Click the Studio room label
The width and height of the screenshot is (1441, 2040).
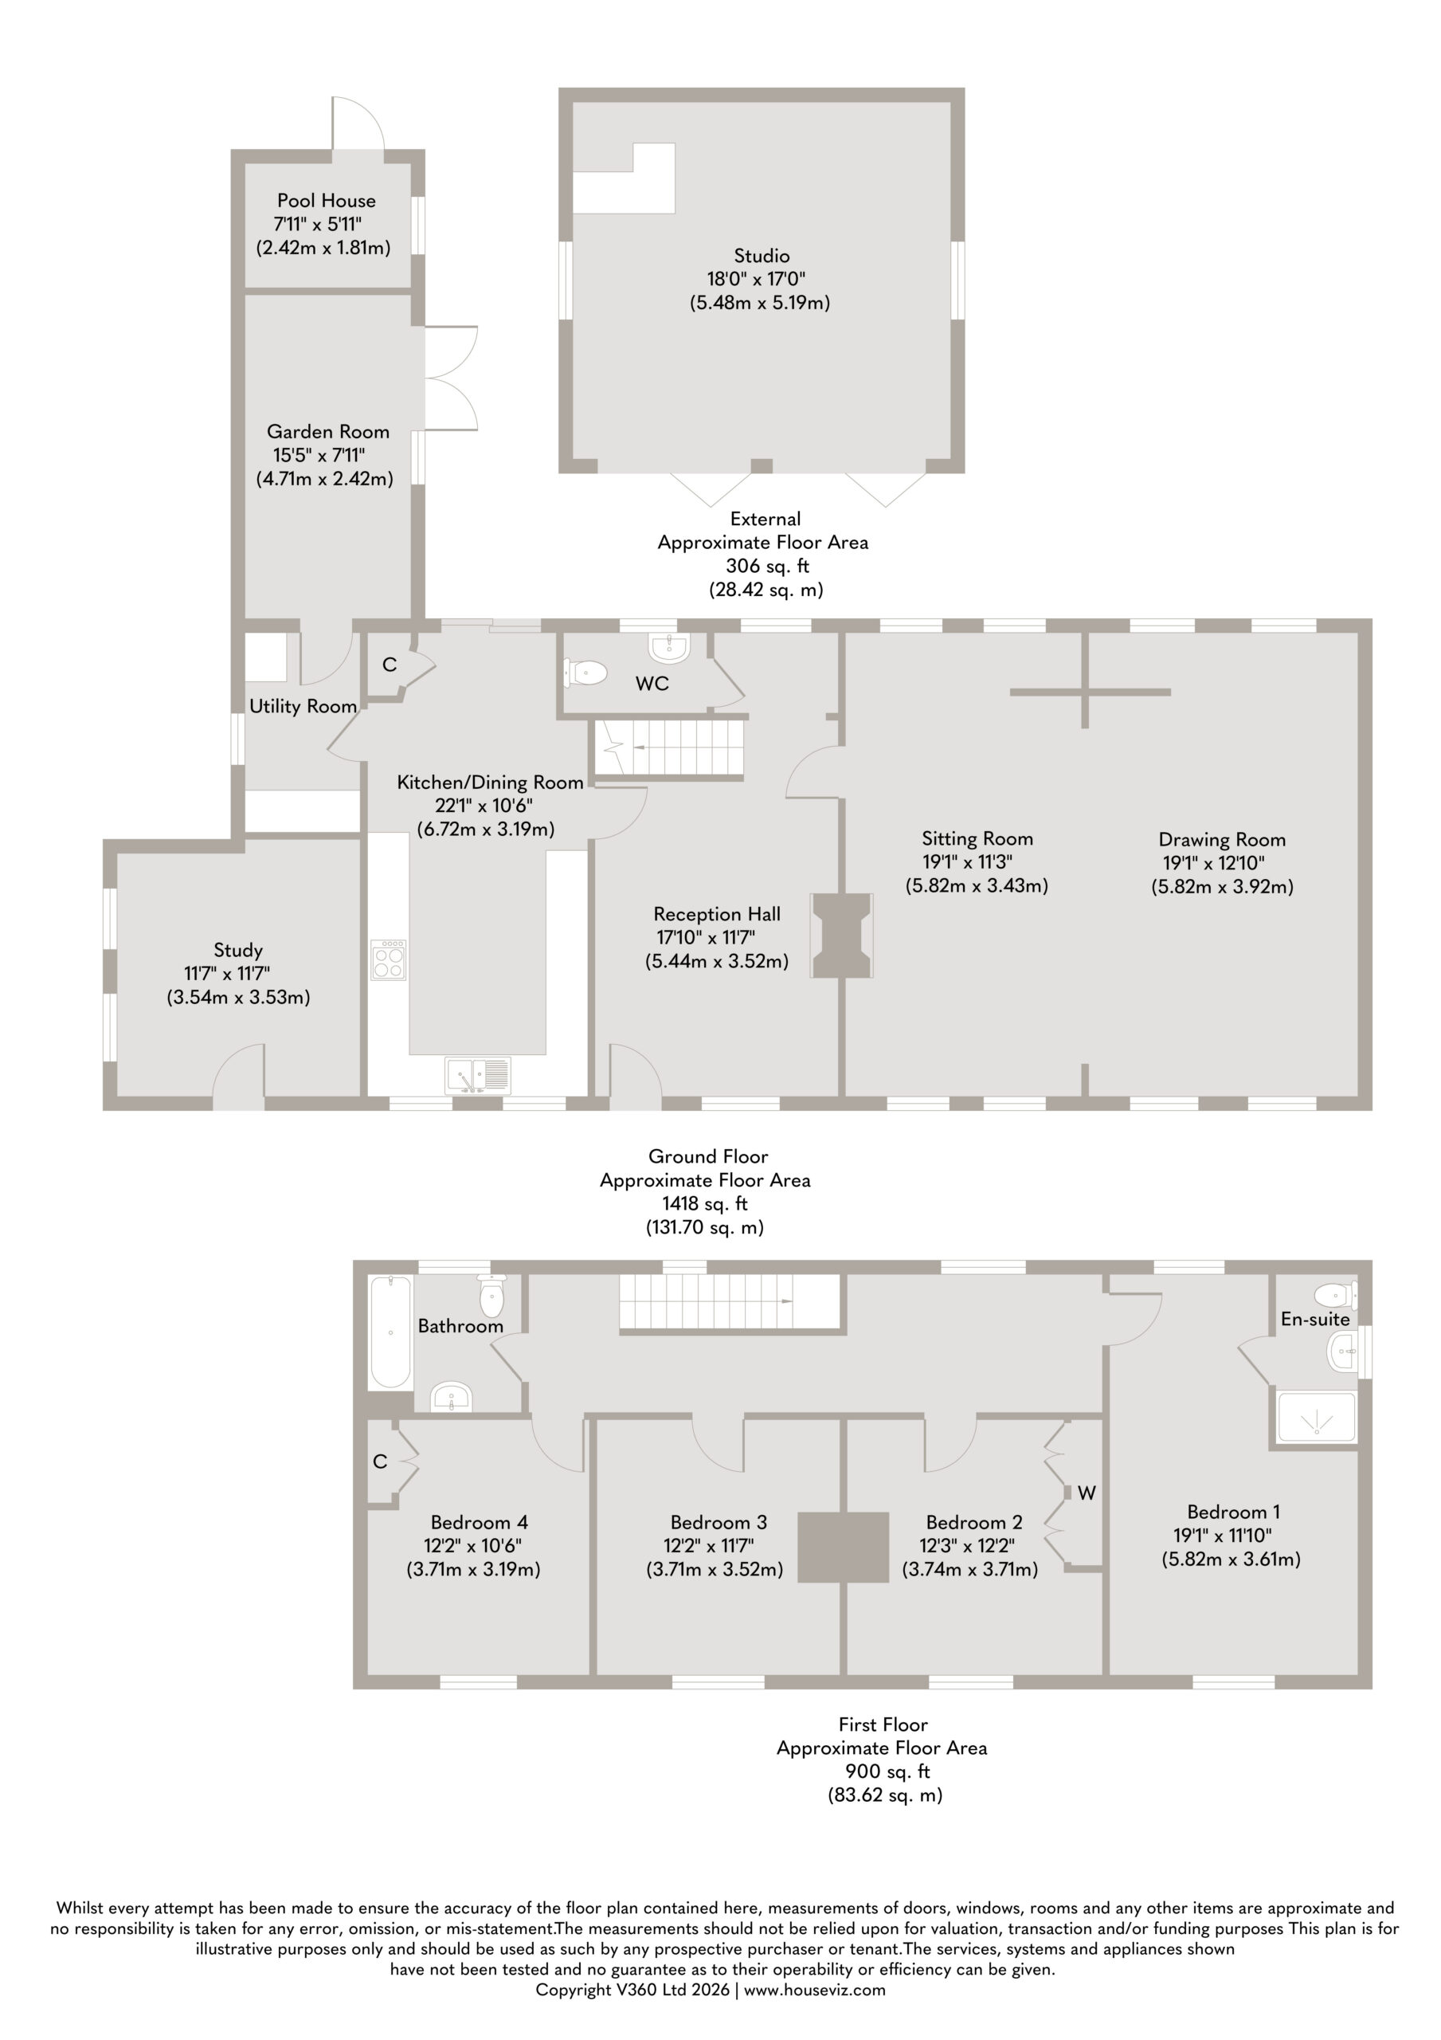coord(762,256)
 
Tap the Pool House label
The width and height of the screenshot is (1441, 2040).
coord(326,201)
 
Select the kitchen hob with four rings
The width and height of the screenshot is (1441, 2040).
coord(388,959)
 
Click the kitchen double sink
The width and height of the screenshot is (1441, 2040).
coord(478,1076)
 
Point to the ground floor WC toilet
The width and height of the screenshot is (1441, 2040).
coord(585,673)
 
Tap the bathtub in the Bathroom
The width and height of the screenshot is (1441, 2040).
coord(391,1332)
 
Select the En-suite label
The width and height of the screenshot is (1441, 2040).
coord(1315,1320)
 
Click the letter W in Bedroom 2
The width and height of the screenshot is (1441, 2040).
coord(1087,1493)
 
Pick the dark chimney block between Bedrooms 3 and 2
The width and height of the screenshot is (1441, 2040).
coord(843,1547)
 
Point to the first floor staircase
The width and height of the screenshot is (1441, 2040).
coord(730,1301)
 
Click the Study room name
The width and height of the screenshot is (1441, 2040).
coord(238,950)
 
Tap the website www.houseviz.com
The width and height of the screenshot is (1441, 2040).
coord(815,1991)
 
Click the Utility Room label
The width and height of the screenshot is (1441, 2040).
coord(303,706)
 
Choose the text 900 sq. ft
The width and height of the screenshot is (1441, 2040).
coord(887,1771)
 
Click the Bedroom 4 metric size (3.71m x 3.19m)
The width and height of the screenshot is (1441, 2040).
coord(473,1570)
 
